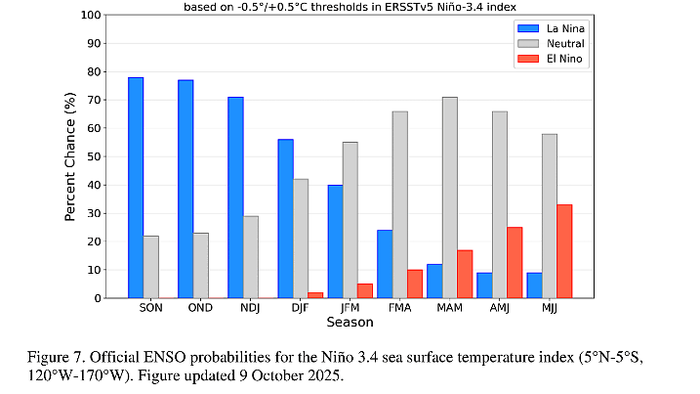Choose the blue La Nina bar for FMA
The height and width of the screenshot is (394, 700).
pos(385,264)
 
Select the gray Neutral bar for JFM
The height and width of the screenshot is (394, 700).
pos(350,220)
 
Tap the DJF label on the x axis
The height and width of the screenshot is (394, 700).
pos(301,308)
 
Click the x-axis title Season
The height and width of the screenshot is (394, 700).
pos(350,323)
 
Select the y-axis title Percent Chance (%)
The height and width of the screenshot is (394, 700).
pos(71,156)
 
